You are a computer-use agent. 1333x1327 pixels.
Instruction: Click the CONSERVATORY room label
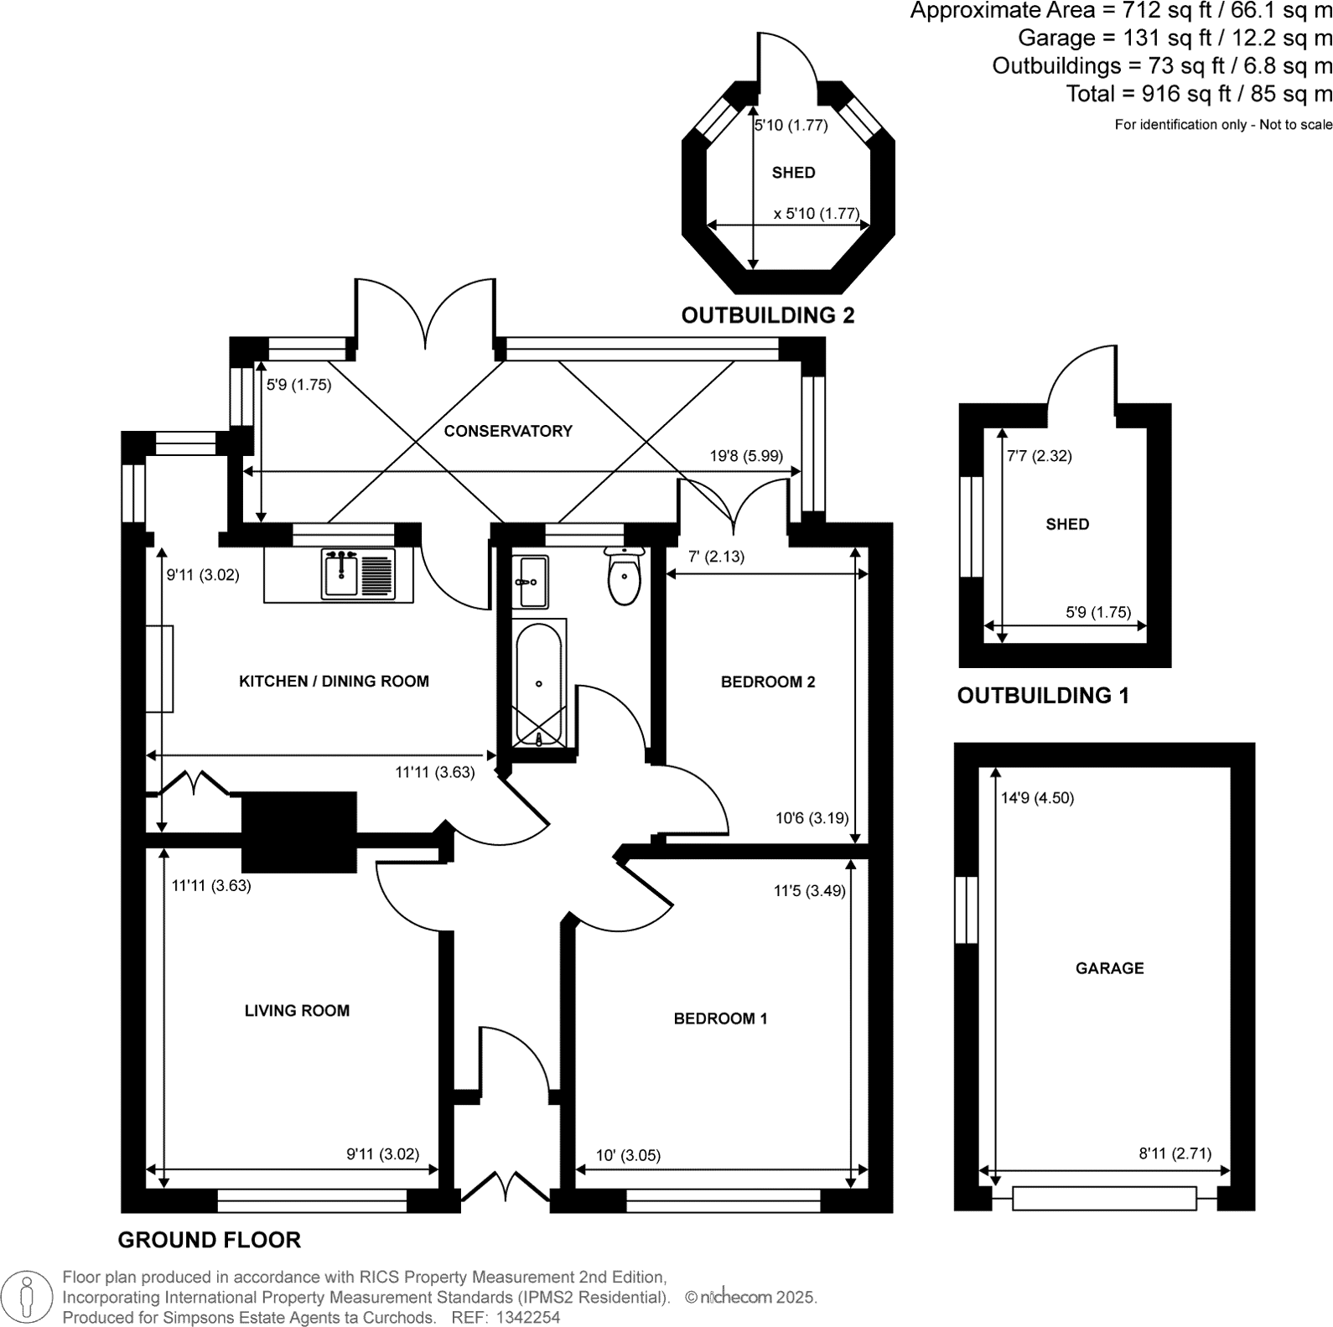pyautogui.click(x=508, y=431)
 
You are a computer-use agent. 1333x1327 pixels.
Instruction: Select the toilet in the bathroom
pyautogui.click(x=624, y=577)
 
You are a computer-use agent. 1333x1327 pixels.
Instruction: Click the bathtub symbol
pyautogui.click(x=538, y=684)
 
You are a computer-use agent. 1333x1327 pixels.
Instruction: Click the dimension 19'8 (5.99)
pyautogui.click(x=746, y=456)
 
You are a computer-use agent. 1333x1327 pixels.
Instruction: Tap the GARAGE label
pyautogui.click(x=1109, y=968)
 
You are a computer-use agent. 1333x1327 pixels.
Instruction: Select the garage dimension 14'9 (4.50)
pyautogui.click(x=1037, y=798)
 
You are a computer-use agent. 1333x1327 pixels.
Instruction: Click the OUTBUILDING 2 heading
pyautogui.click(x=767, y=315)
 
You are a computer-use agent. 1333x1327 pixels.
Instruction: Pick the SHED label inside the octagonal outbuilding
pyautogui.click(x=793, y=173)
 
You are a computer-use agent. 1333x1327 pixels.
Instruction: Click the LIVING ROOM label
pyautogui.click(x=297, y=1011)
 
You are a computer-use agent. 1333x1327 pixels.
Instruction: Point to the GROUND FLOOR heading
pyautogui.click(x=209, y=1240)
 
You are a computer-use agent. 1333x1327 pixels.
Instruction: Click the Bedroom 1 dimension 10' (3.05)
pyautogui.click(x=628, y=1155)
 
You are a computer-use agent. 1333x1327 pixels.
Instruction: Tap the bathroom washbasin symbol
pyautogui.click(x=530, y=581)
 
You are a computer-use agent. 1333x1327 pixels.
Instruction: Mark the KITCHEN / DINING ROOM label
pyautogui.click(x=334, y=682)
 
